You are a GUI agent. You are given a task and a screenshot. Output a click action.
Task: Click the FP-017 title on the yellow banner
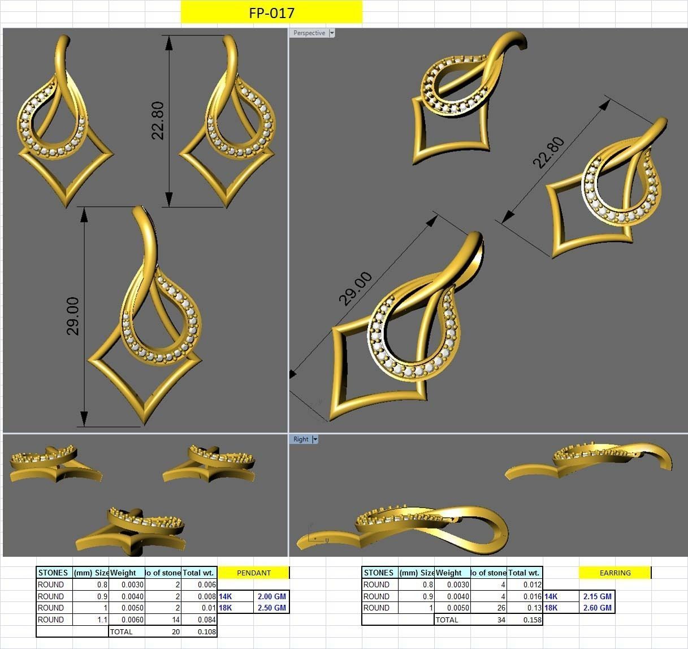tap(271, 12)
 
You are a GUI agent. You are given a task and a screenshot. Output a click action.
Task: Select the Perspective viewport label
tap(309, 33)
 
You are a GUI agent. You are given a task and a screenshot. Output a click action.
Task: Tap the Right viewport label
tap(301, 439)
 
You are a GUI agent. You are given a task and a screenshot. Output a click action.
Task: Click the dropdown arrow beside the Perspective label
tap(332, 33)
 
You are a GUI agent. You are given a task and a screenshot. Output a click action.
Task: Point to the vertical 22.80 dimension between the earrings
tap(158, 121)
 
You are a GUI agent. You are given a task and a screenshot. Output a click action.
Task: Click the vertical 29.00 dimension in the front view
tap(73, 316)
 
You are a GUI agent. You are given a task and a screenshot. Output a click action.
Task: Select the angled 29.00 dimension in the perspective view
tap(356, 289)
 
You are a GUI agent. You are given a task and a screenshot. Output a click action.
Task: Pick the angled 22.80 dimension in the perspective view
tap(548, 152)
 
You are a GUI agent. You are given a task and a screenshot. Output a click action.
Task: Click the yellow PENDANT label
tap(253, 573)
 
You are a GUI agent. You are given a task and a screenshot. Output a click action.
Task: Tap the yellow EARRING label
tap(615, 573)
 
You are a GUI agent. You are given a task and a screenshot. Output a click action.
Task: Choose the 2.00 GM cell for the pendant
tap(271, 596)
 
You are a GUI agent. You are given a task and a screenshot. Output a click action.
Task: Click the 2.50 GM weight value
tap(271, 608)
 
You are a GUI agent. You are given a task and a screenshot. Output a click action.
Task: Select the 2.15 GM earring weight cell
tap(597, 596)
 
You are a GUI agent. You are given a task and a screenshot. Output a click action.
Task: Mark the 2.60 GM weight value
tap(597, 608)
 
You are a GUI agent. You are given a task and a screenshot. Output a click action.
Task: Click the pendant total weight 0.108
tap(207, 631)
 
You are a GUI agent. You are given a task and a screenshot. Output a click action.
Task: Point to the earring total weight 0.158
tap(533, 620)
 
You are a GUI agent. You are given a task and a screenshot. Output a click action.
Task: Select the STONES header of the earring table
tap(379, 573)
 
